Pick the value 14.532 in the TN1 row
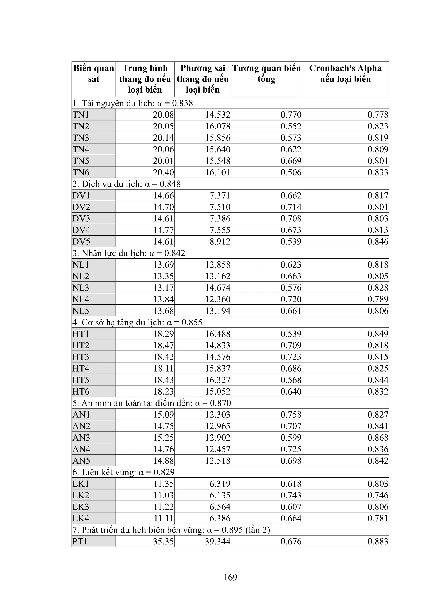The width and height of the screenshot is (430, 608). (218, 115)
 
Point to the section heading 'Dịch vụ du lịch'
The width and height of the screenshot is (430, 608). (126, 184)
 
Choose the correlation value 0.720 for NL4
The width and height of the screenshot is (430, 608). (291, 299)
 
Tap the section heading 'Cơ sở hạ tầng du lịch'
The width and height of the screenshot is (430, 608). (137, 322)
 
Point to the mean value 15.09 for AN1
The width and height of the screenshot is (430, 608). (163, 414)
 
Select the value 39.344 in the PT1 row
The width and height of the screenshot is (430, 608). (218, 541)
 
